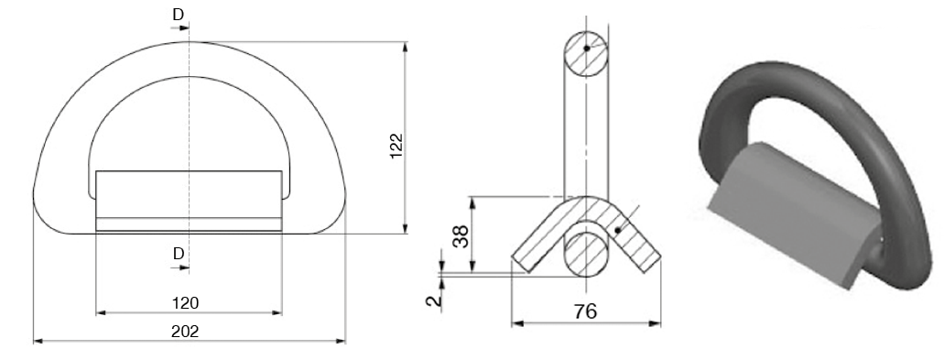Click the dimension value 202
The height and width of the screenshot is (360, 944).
tap(185, 331)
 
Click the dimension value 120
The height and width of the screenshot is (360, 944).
tap(186, 303)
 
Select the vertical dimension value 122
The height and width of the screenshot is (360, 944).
tap(396, 146)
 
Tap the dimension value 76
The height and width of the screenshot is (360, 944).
tap(585, 311)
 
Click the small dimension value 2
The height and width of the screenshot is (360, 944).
tap(434, 300)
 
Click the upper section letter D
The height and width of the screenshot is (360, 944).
tap(179, 15)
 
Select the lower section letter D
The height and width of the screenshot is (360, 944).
tap(179, 254)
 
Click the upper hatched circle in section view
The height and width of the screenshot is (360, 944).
tap(585, 54)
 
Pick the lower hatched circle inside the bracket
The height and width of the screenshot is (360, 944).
tap(585, 254)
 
